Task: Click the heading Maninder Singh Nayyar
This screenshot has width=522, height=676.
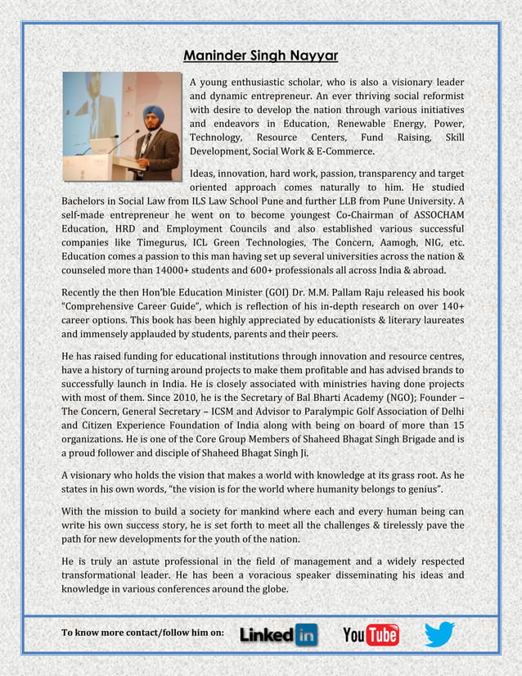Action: [x=260, y=56]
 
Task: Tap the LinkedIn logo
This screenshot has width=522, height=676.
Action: [x=278, y=634]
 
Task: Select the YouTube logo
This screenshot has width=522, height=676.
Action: [x=371, y=634]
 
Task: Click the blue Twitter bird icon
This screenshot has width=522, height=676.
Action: [x=439, y=633]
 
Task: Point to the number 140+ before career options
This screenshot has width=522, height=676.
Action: [x=449, y=306]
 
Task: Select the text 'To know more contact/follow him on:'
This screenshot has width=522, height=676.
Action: [x=142, y=635]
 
